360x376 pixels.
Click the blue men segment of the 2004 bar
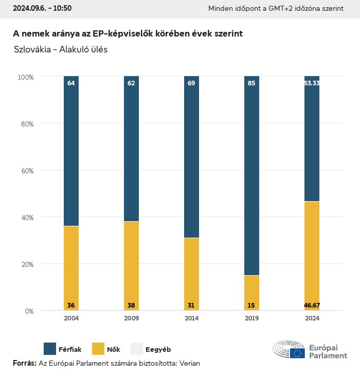click(71, 154)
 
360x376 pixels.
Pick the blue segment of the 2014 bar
click(191, 159)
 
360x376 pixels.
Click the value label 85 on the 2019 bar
click(251, 83)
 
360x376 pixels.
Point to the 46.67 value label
click(312, 306)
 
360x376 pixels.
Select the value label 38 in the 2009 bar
click(131, 306)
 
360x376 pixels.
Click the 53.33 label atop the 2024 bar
click(312, 83)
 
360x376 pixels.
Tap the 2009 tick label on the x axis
click(131, 318)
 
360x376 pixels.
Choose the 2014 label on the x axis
click(191, 318)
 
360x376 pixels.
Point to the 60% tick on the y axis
click(26, 171)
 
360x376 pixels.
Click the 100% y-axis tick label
click(25, 77)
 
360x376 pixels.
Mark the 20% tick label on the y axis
click(26, 264)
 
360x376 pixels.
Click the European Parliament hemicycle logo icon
click(289, 349)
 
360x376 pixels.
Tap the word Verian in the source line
click(189, 363)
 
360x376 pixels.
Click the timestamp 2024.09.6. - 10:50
click(42, 8)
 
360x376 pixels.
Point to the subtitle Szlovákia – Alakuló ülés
click(61, 50)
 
